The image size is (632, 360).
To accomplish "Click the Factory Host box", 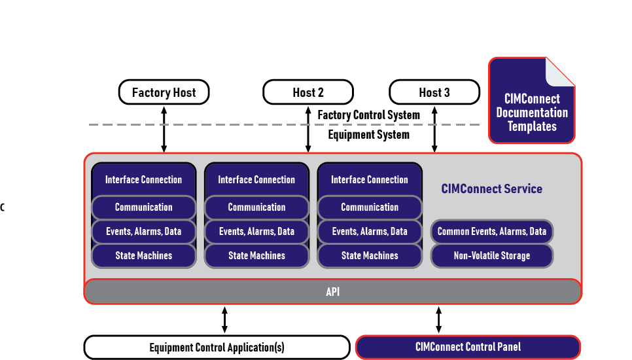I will pyautogui.click(x=164, y=92).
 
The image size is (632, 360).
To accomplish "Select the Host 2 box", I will pyautogui.click(x=308, y=92).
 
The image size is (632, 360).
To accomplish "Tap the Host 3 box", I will pyautogui.click(x=434, y=92).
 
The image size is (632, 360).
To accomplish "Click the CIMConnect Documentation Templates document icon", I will pyautogui.click(x=532, y=101).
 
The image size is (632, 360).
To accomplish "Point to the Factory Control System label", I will pyautogui.click(x=368, y=115).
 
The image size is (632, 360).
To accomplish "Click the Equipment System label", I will pyautogui.click(x=368, y=135).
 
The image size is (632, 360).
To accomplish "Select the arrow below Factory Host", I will pyautogui.click(x=164, y=128).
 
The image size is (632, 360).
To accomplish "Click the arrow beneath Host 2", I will pyautogui.click(x=308, y=128).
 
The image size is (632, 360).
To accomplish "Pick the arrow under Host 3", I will pyautogui.click(x=434, y=128).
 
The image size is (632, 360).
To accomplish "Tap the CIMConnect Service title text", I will pyautogui.click(x=491, y=189).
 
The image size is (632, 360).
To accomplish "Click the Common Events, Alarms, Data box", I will pyautogui.click(x=491, y=232).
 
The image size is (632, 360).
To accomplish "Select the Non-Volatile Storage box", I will pyautogui.click(x=491, y=256).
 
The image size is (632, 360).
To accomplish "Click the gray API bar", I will pyautogui.click(x=332, y=292).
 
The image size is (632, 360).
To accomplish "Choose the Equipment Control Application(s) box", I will pyautogui.click(x=217, y=348).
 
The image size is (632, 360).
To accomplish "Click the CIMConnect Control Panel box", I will pyautogui.click(x=468, y=347).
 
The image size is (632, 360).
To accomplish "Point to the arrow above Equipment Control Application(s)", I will pyautogui.click(x=224, y=320).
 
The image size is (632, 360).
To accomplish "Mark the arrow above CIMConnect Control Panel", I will pyautogui.click(x=438, y=320).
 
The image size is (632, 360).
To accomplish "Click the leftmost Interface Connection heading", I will pyautogui.click(x=143, y=179).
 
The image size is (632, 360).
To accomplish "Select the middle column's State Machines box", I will pyautogui.click(x=256, y=256).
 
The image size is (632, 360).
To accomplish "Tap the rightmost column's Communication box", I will pyautogui.click(x=370, y=207).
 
